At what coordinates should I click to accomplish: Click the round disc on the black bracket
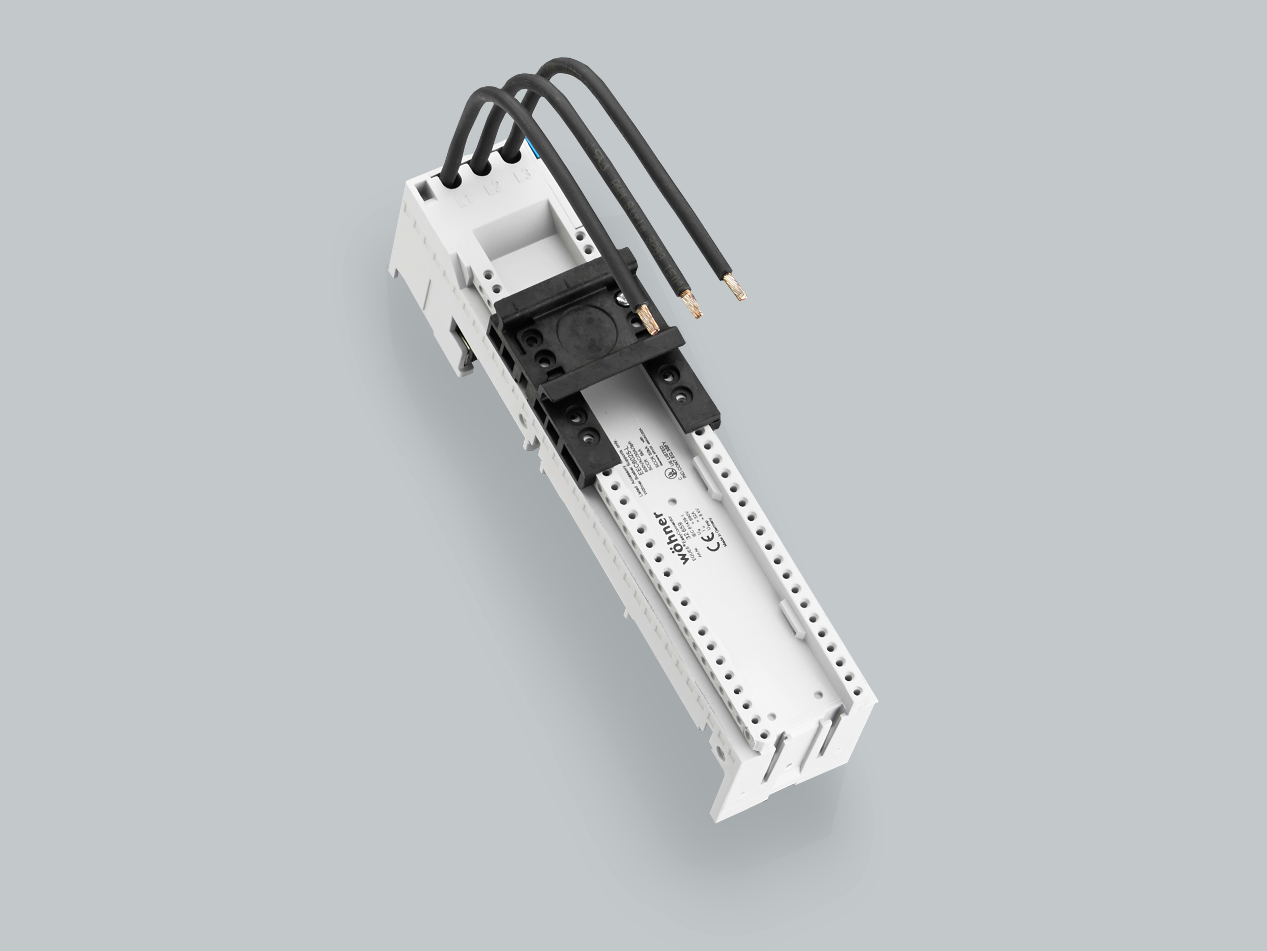point(584,335)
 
